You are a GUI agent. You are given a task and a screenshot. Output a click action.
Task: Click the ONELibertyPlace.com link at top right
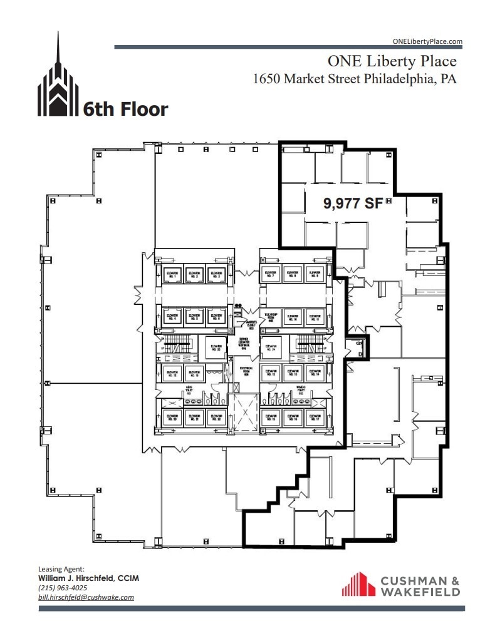(x=427, y=41)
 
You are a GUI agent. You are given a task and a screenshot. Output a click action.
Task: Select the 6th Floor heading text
(x=125, y=110)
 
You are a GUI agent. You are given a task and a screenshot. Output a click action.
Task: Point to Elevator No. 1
(x=171, y=274)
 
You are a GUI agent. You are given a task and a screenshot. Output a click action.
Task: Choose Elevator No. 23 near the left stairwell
(x=217, y=347)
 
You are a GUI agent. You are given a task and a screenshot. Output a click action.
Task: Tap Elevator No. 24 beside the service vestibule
(x=271, y=347)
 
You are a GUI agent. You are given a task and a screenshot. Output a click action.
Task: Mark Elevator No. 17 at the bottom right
(x=315, y=418)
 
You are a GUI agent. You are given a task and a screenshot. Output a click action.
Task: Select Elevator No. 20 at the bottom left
(x=171, y=418)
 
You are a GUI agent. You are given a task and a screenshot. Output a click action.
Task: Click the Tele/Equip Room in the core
(x=271, y=317)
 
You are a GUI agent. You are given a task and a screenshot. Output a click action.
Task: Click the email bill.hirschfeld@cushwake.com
(x=86, y=597)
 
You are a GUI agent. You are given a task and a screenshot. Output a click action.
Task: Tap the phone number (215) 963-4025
(x=63, y=588)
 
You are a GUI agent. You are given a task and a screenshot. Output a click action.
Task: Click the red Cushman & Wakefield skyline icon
(x=358, y=584)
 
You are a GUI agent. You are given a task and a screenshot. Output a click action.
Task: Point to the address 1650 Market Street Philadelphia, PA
(x=354, y=79)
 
